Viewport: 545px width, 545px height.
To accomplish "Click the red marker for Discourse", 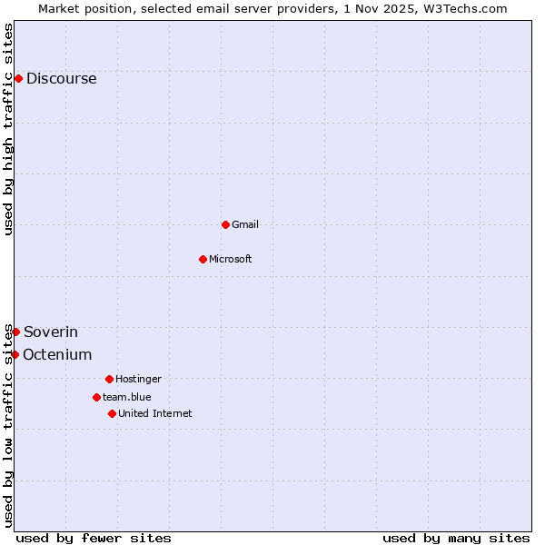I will (x=18, y=78).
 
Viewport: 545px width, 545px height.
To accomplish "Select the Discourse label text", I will (x=61, y=79).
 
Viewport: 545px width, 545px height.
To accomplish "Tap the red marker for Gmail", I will (x=225, y=224).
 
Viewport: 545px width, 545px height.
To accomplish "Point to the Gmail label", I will (x=245, y=224).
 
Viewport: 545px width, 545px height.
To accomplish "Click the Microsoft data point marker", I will (x=203, y=259).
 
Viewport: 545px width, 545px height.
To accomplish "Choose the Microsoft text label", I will (x=230, y=259).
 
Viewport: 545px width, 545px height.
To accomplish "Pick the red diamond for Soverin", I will (x=15, y=332).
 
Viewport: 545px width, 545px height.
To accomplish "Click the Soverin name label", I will (x=51, y=332).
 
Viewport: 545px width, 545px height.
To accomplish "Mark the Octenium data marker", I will (x=15, y=354).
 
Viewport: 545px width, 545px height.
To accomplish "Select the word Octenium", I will (x=57, y=355).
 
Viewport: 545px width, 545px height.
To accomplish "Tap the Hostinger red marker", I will (x=109, y=379).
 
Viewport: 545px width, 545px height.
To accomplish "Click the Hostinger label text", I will (x=138, y=379).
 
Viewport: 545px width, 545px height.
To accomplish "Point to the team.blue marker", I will (x=96, y=397).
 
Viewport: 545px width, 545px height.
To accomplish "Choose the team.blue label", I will (x=127, y=397).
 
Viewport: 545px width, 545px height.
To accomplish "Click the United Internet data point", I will (x=112, y=413).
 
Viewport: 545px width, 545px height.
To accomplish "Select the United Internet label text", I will (x=154, y=413).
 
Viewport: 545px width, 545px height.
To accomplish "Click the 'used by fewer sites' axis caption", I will (x=94, y=539).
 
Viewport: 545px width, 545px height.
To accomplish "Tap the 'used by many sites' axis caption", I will (x=456, y=539).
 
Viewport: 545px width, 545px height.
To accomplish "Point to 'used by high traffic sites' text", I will (x=8, y=129).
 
